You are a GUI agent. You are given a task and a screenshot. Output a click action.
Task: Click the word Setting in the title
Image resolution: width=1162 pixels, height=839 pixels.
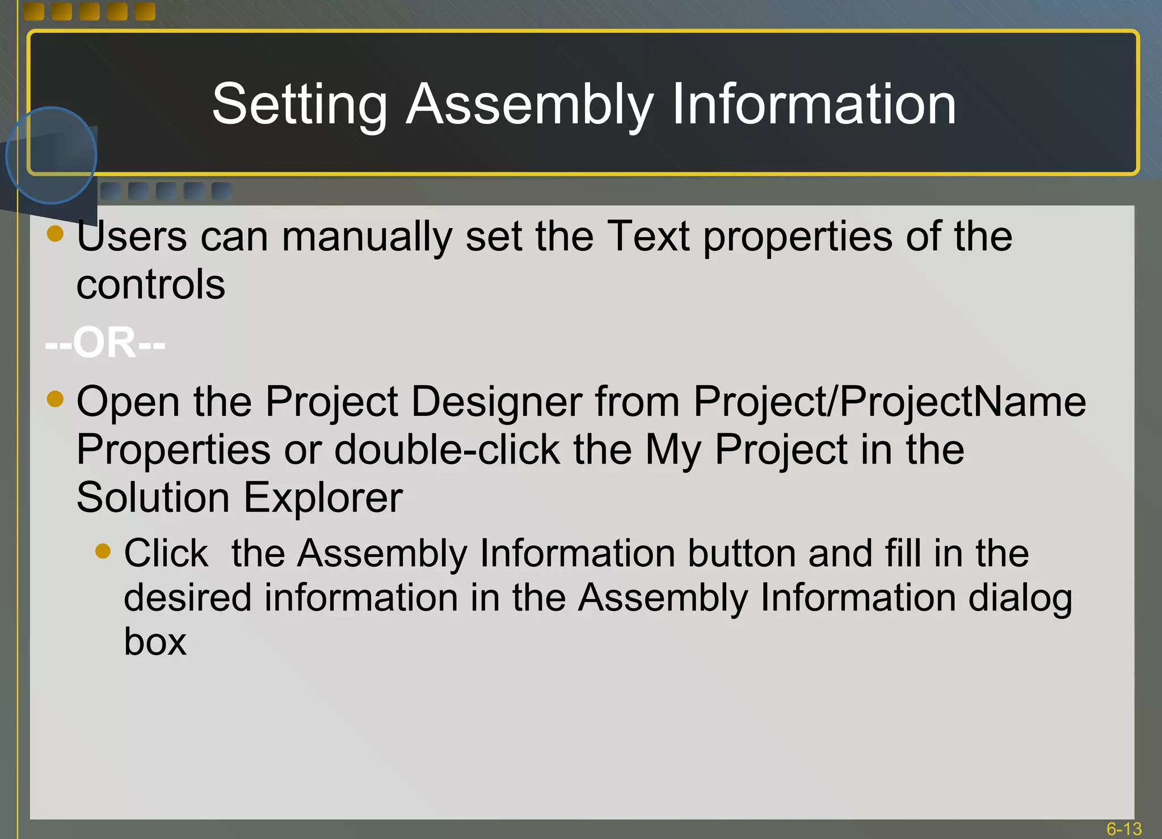pyautogui.click(x=300, y=105)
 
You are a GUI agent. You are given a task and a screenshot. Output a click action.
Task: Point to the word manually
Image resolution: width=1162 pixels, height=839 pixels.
pyautogui.click(x=367, y=237)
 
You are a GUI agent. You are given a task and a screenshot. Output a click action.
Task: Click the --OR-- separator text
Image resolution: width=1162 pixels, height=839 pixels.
pyautogui.click(x=106, y=343)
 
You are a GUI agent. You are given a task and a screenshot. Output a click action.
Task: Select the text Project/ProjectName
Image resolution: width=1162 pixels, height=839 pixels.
pyautogui.click(x=889, y=402)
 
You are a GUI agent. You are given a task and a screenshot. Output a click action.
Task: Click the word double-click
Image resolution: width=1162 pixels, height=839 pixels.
pyautogui.click(x=447, y=449)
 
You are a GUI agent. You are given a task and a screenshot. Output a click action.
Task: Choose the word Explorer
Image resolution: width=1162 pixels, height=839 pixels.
pyautogui.click(x=323, y=497)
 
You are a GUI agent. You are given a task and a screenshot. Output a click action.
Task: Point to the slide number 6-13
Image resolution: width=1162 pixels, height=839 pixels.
pyautogui.click(x=1123, y=829)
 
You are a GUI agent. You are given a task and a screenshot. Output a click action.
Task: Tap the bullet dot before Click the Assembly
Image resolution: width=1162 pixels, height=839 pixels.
pyautogui.click(x=103, y=551)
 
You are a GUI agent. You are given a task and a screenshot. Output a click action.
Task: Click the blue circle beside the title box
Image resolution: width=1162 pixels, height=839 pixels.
pyautogui.click(x=51, y=155)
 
